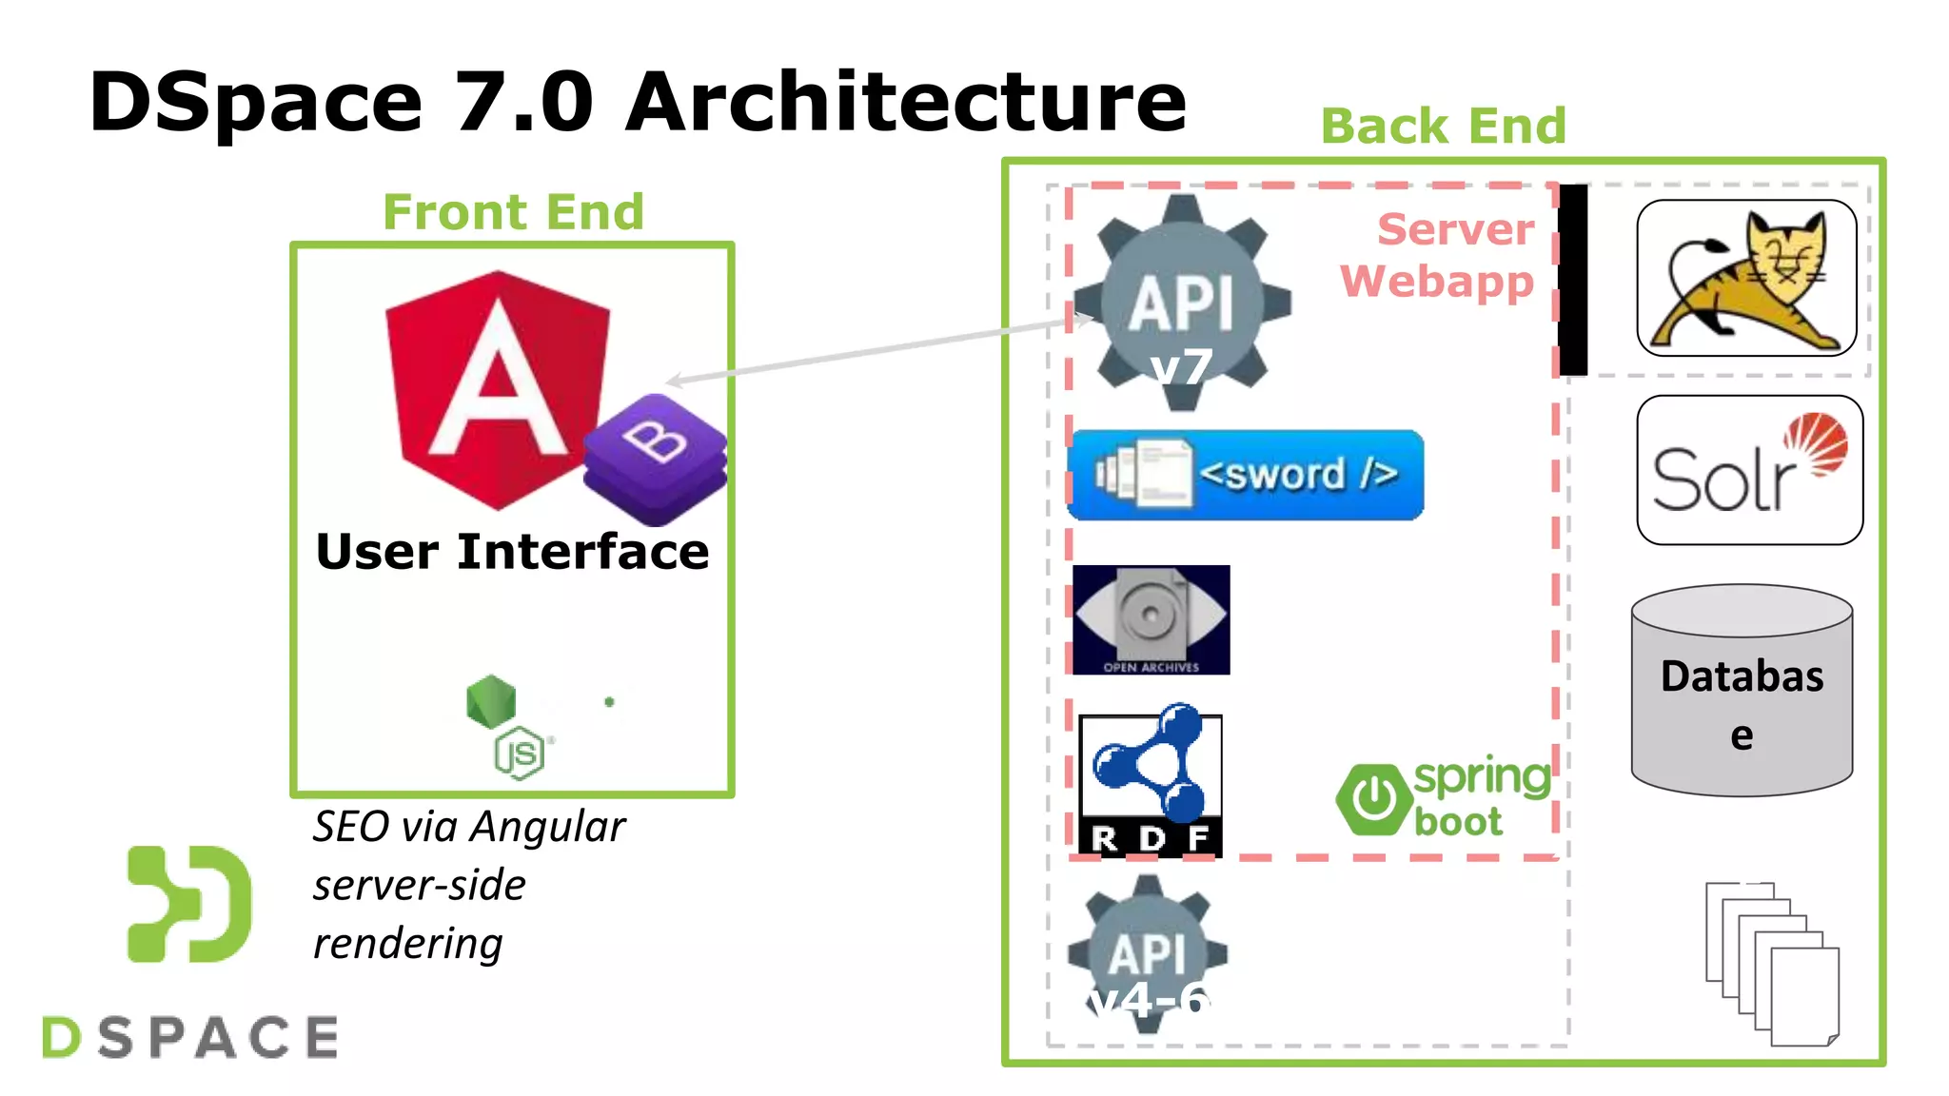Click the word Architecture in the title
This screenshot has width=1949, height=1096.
click(906, 103)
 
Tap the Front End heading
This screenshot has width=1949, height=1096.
click(513, 211)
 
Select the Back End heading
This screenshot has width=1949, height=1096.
click(1443, 126)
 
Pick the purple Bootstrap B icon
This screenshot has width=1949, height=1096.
click(656, 457)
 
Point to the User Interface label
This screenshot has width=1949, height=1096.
click(512, 552)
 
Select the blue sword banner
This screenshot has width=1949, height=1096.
click(1246, 475)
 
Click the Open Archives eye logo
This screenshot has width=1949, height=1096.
click(1151, 619)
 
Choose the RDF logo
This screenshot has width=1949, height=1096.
click(1150, 784)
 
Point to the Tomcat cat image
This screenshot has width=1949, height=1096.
click(1745, 279)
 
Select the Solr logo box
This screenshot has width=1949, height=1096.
click(1749, 470)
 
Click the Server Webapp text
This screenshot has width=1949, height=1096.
click(1439, 255)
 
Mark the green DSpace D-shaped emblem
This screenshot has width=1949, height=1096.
click(189, 904)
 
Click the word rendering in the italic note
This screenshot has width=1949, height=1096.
click(407, 944)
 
